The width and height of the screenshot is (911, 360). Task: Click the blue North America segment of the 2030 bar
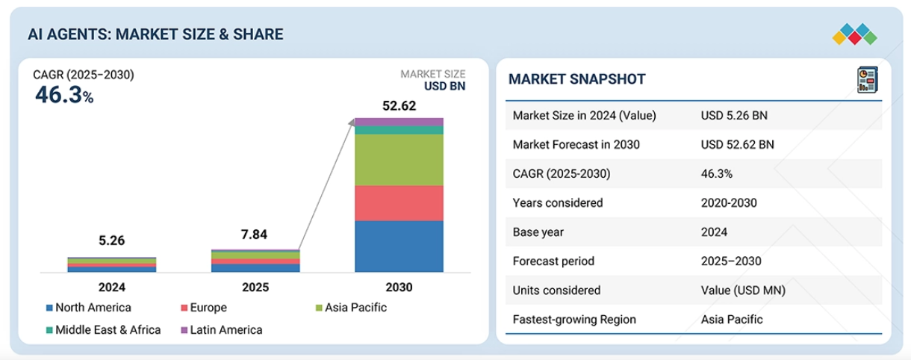[x=399, y=246]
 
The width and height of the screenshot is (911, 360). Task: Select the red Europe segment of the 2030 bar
[x=399, y=203]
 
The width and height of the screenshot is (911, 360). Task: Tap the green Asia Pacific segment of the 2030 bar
[x=399, y=160]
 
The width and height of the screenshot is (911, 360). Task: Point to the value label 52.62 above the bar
[x=399, y=106]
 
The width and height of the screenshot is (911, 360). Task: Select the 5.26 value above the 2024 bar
[x=112, y=240]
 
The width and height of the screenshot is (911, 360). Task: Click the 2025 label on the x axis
[x=255, y=288]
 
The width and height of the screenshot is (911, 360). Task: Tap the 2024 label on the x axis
[x=112, y=288]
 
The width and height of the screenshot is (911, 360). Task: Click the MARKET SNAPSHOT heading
[x=576, y=80]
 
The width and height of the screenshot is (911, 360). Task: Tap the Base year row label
[x=538, y=232]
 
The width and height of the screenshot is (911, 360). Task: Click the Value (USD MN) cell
[x=743, y=291]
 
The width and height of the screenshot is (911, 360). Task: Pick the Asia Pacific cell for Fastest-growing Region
[x=732, y=320]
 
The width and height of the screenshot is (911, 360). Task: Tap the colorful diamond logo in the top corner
[x=854, y=34]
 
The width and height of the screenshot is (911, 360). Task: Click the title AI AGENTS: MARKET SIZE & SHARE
[x=155, y=34]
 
